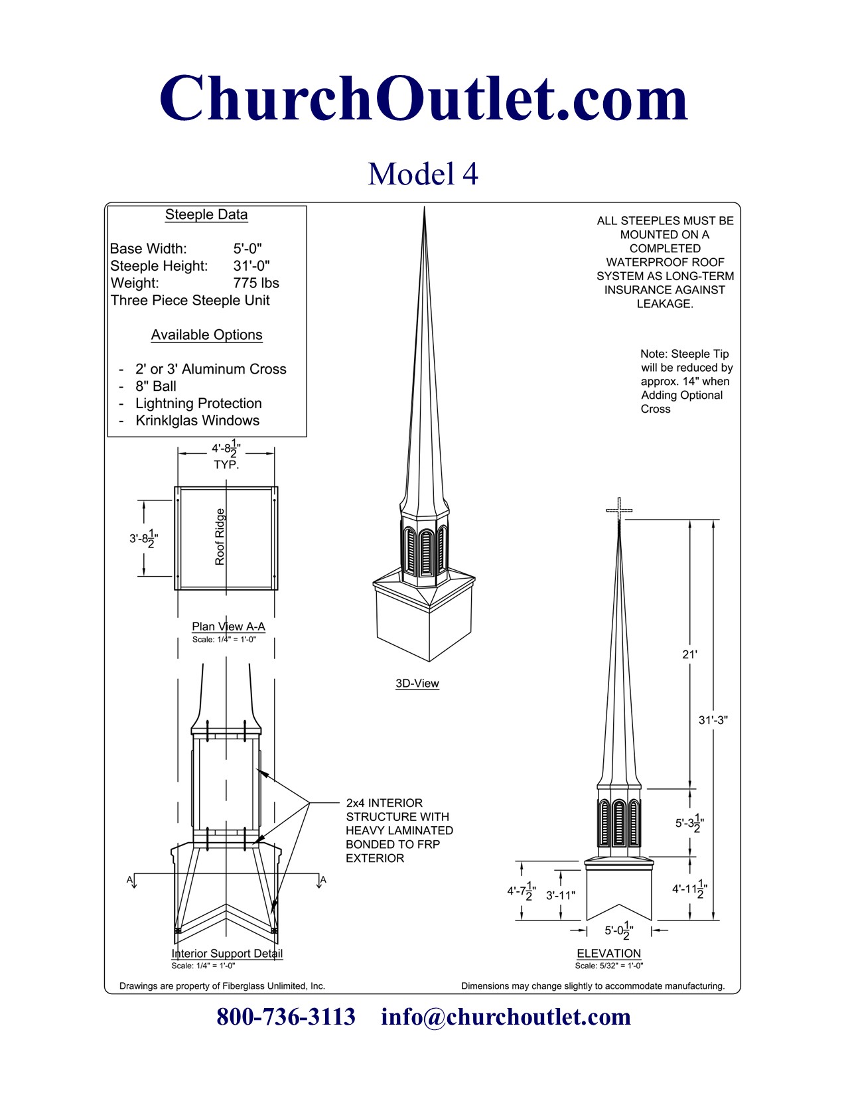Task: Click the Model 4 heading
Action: click(x=423, y=174)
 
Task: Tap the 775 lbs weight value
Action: click(x=256, y=283)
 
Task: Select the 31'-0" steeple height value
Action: click(x=251, y=265)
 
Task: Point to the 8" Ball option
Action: click(x=156, y=386)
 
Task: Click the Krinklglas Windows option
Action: click(x=198, y=420)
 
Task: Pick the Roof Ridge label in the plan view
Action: click(x=220, y=537)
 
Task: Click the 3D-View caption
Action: click(x=417, y=684)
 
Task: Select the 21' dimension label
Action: click(x=689, y=654)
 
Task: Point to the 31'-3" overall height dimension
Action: click(x=713, y=720)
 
